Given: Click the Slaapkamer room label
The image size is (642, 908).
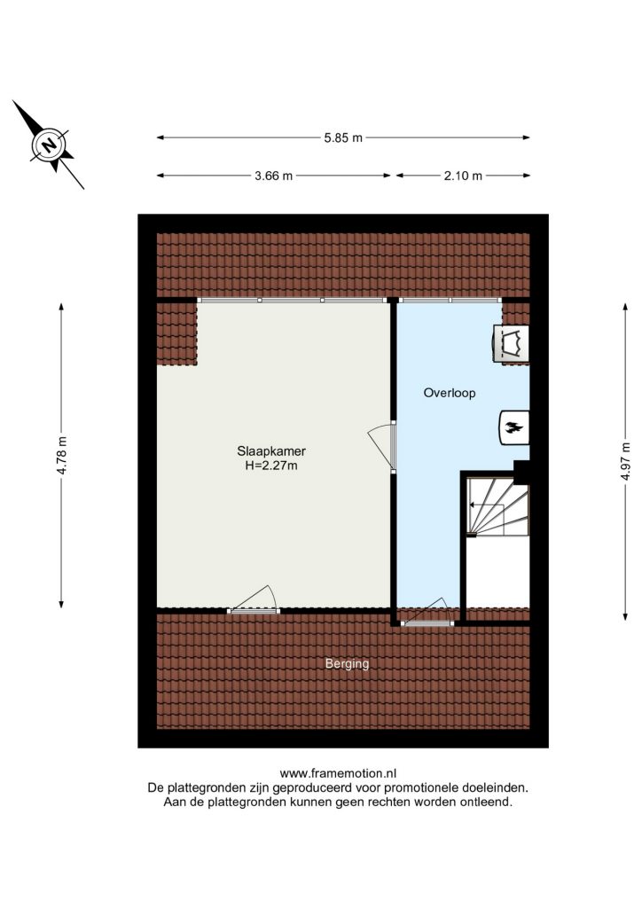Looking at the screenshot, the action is click(271, 451).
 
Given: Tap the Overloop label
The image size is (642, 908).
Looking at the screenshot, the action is click(450, 393).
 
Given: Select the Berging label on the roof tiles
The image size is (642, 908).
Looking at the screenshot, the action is click(347, 663).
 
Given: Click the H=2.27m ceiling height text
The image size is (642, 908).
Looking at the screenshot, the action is click(271, 465).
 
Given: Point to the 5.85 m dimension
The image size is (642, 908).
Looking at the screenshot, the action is click(343, 137).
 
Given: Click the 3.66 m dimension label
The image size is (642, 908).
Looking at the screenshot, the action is click(273, 176).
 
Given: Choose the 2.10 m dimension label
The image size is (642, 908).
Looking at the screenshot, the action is click(463, 176).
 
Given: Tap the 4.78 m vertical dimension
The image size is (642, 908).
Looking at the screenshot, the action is click(61, 455).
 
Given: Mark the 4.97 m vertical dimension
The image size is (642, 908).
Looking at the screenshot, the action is click(625, 461).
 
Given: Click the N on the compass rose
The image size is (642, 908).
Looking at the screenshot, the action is click(51, 145).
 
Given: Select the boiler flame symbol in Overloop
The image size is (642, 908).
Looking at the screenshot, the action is click(514, 428).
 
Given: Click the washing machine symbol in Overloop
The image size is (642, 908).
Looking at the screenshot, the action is click(511, 344).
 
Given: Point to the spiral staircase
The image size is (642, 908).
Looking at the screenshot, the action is click(497, 506).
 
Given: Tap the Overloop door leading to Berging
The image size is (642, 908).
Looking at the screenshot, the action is click(429, 614).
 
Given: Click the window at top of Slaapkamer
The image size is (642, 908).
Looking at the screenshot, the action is click(292, 300).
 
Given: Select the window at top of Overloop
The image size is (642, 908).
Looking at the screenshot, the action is click(450, 300).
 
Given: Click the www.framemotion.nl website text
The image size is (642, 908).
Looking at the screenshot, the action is click(338, 773).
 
